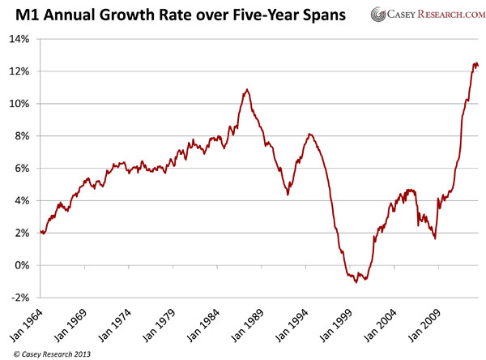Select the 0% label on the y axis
[x=24, y=265]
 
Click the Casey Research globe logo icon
[x=377, y=15]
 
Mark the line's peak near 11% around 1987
[x=247, y=89]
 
